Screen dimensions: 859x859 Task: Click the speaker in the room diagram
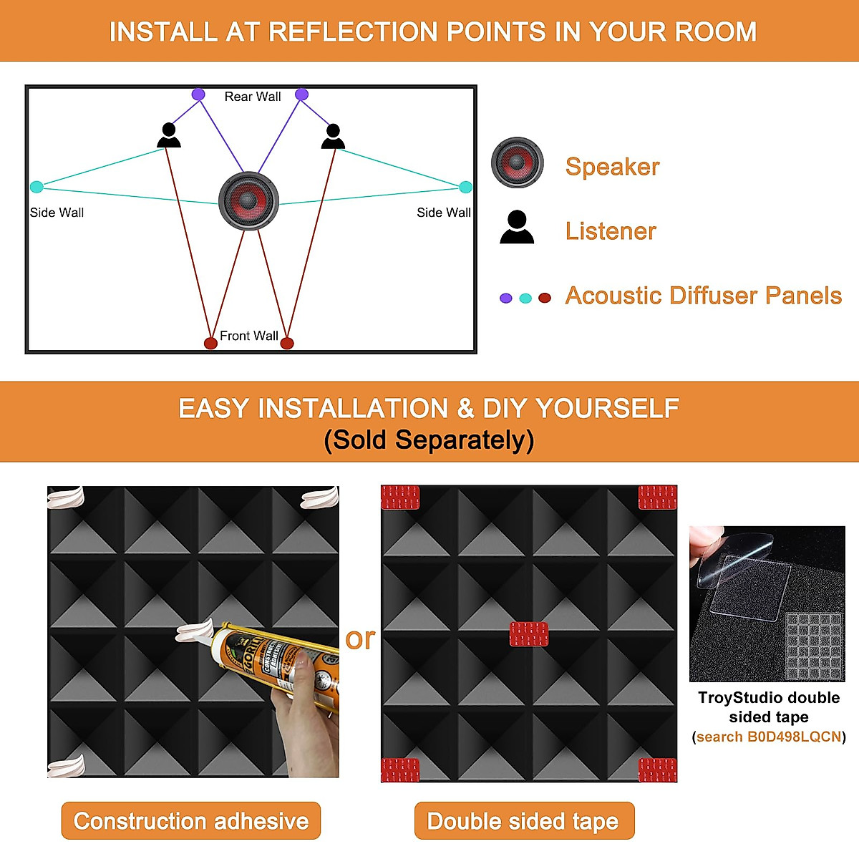tap(248, 200)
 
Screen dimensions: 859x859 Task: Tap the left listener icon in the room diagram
tap(169, 135)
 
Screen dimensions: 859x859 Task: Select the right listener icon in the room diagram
tap(333, 136)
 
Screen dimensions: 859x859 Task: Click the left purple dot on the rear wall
tap(198, 94)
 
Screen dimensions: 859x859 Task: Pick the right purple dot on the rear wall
tap(301, 94)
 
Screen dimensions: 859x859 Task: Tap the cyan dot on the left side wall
tap(37, 187)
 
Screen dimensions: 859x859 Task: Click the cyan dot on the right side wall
tap(465, 187)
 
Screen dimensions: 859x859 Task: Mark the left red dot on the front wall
tap(210, 343)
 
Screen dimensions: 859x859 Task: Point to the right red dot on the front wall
tap(287, 343)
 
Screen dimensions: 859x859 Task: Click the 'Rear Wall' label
tap(253, 97)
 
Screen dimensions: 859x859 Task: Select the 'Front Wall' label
tap(248, 336)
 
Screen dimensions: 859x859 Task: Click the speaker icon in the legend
tap(517, 162)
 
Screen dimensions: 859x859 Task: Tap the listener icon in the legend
tap(517, 228)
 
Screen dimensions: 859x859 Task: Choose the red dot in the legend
tap(545, 298)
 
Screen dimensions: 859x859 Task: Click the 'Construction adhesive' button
tap(191, 820)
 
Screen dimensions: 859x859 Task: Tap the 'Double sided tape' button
tap(523, 820)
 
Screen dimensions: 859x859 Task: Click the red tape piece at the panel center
tap(529, 634)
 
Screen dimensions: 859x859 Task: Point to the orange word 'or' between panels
tap(360, 639)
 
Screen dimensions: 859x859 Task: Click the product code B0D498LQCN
tap(769, 737)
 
